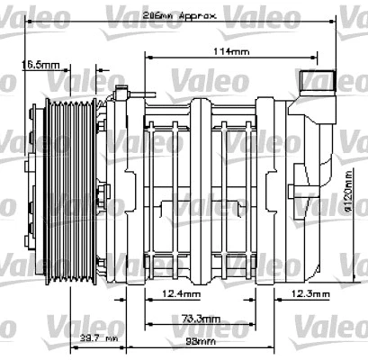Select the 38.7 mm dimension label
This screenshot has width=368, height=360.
99,337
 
